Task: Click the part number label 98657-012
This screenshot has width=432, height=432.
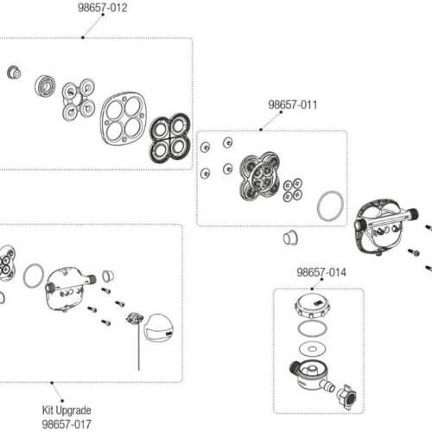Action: (103, 8)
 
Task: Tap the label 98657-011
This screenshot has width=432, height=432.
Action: (293, 105)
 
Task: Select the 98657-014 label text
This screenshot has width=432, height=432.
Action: (321, 272)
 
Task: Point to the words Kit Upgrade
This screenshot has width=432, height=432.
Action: (67, 410)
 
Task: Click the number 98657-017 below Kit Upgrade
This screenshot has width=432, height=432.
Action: (67, 424)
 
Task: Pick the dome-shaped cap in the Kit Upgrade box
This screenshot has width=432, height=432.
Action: (158, 327)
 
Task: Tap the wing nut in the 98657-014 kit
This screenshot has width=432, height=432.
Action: (346, 395)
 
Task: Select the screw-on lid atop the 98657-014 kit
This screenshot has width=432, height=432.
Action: (313, 306)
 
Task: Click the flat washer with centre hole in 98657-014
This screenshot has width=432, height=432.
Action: (313, 349)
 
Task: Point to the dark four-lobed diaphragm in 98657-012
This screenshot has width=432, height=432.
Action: (170, 137)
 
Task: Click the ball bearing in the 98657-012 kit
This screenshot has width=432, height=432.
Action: (45, 86)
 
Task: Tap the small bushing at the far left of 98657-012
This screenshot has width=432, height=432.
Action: (14, 72)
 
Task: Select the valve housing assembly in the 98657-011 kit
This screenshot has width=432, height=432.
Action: (260, 176)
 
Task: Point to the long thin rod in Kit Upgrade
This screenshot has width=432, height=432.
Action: (138, 346)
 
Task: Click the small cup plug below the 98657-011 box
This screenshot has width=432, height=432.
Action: (290, 238)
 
